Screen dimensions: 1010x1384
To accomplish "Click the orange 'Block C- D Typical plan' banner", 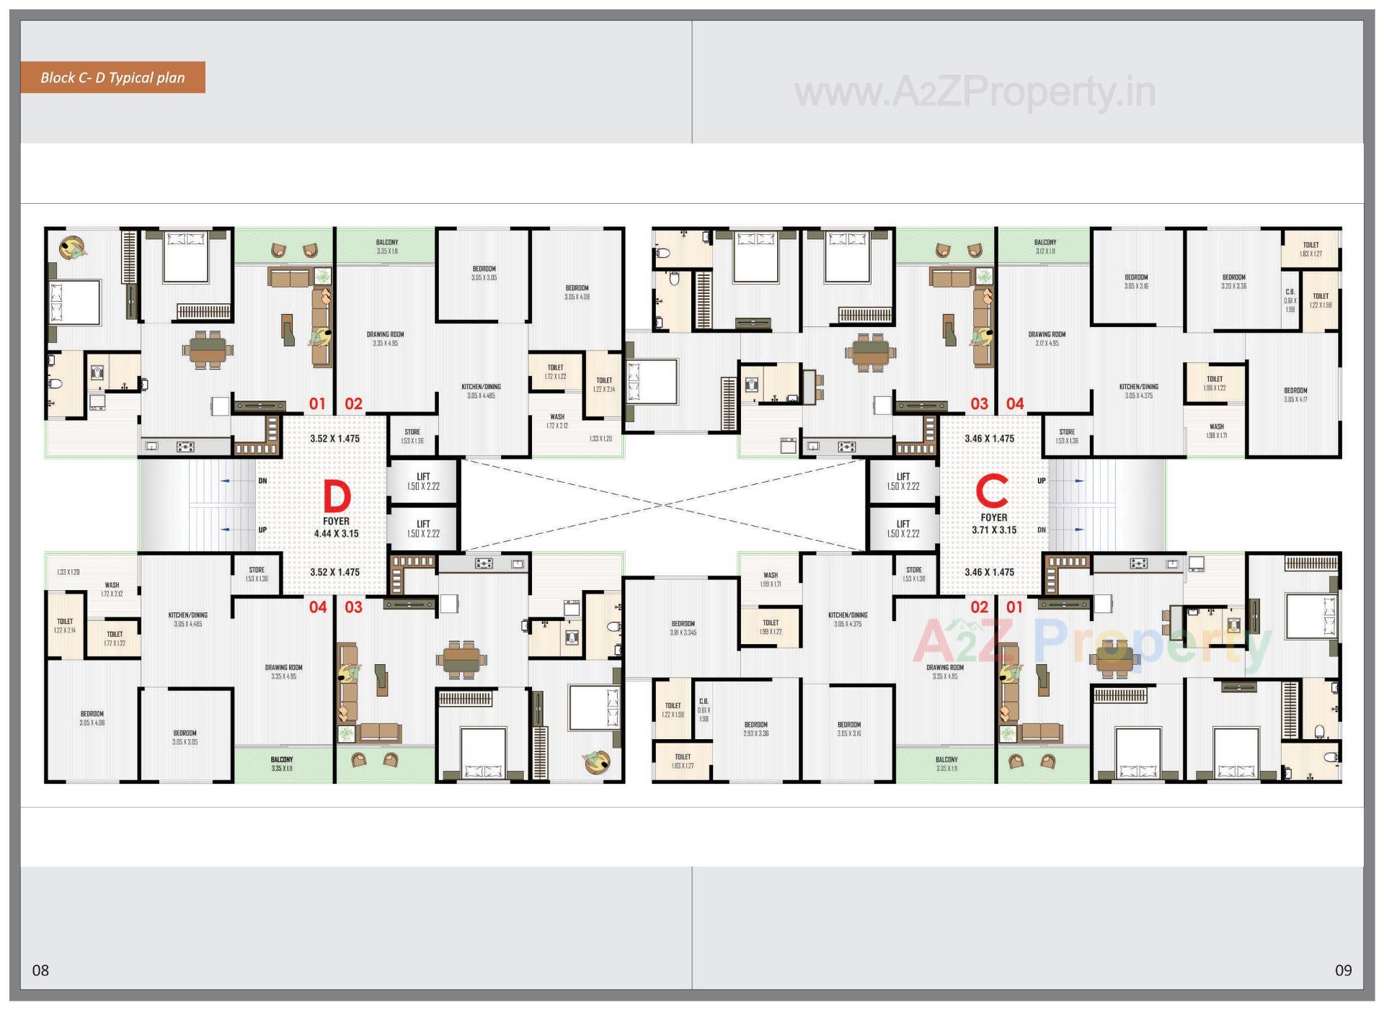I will (112, 78).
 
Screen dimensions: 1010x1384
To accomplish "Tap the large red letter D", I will (337, 496).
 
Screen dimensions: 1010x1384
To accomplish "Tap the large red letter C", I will (992, 493).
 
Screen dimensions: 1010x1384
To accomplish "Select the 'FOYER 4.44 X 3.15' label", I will (336, 527).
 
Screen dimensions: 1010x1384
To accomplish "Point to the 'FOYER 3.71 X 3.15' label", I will (994, 524).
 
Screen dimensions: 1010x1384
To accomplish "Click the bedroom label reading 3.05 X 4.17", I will (1295, 395).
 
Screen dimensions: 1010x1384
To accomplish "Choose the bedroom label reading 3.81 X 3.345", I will (683, 628).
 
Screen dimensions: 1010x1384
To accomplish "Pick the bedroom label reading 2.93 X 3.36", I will (755, 729).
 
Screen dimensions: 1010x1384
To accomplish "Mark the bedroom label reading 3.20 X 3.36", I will (1233, 282).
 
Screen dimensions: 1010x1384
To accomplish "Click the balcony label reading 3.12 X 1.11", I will (1045, 247).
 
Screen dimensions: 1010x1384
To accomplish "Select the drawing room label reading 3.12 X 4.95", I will (1047, 339).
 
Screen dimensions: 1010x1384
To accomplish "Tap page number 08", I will (41, 970).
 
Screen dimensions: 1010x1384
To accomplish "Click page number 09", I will (1343, 970).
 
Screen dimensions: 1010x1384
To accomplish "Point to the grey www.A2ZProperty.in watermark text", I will (975, 93).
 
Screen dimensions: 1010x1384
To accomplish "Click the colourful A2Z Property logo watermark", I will (1091, 643).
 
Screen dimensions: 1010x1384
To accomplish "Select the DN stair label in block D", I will (262, 481).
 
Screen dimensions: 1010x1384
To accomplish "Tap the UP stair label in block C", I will (1042, 481).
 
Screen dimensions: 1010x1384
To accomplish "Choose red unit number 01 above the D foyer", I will (317, 404).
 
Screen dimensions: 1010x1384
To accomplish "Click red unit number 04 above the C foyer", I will (1015, 404).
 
